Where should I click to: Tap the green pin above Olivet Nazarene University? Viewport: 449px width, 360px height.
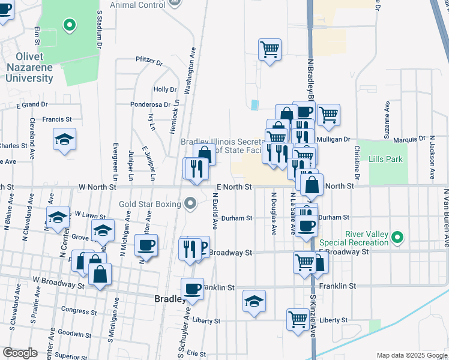70,26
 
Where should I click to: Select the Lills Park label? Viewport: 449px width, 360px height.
386,159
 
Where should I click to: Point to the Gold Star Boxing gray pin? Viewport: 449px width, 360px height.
191,205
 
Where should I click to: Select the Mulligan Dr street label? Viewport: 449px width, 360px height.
337,139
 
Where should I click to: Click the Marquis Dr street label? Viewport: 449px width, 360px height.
408,140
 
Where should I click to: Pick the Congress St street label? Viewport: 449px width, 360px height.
74,310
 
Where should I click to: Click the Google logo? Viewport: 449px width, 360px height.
20,353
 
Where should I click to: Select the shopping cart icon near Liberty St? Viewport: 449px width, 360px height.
298,319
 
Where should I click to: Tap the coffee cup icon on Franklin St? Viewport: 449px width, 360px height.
193,289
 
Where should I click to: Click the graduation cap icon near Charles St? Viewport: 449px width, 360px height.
64,139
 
